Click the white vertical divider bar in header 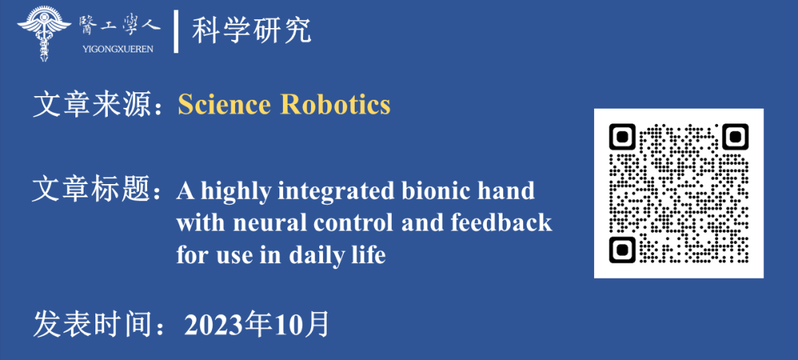pyautogui.click(x=176, y=32)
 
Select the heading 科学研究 pyautogui.click(x=251, y=31)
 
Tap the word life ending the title pyautogui.click(x=367, y=254)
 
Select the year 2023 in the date pyautogui.click(x=214, y=324)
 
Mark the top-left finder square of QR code pyautogui.click(x=622, y=137)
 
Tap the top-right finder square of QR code pyautogui.click(x=735, y=137)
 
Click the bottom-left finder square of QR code pyautogui.click(x=622, y=250)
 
